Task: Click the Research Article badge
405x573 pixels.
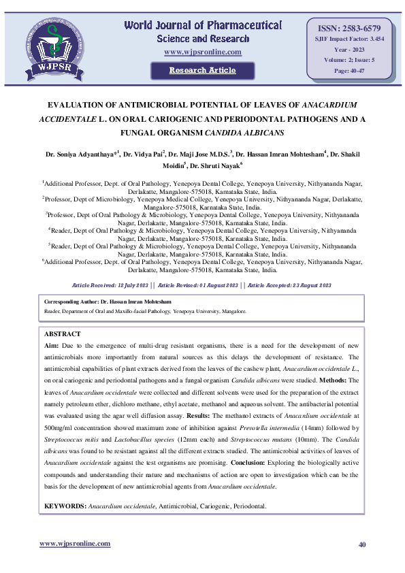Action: (x=202, y=70)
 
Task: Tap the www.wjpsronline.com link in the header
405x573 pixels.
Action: (x=203, y=52)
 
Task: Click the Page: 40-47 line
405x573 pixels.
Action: (x=349, y=71)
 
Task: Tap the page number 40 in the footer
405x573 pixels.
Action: (x=362, y=544)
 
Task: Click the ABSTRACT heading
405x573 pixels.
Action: (x=62, y=334)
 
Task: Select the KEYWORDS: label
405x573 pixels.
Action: (x=65, y=506)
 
